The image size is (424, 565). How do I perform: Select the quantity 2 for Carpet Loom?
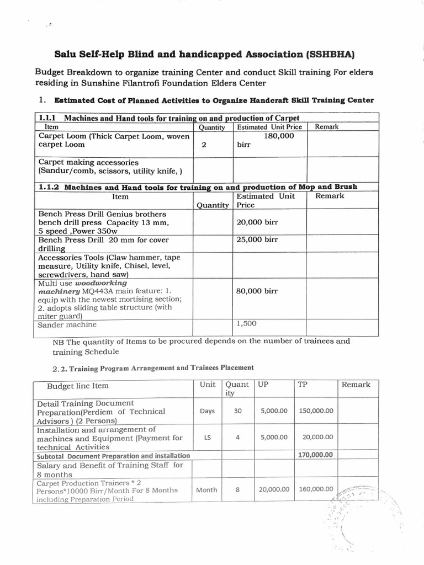204,145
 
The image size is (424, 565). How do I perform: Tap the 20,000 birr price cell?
257,222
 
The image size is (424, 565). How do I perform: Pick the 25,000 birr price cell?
257,240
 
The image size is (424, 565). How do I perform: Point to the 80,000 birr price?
257,291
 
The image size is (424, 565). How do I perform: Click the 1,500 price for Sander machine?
246,324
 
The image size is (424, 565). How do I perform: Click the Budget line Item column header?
77,385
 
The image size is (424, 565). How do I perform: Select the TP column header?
302,384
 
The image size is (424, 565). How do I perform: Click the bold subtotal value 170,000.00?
315,455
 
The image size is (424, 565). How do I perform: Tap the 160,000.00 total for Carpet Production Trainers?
315,489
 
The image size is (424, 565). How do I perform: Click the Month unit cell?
206,489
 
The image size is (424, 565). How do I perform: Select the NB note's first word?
58,341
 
